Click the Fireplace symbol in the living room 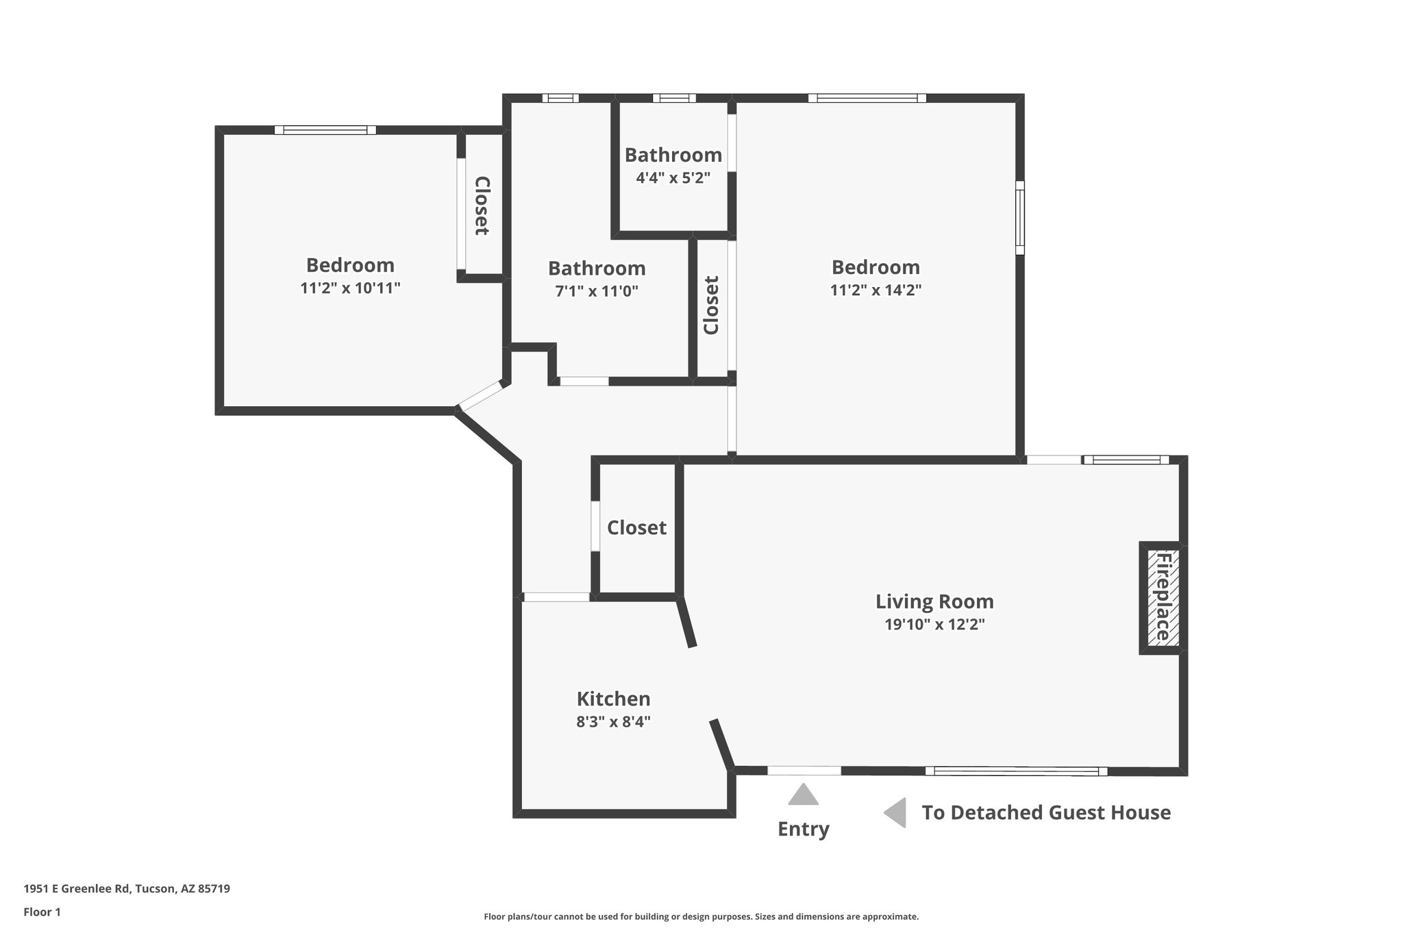[1163, 597]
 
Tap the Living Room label [934, 601]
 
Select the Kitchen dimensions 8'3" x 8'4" [613, 721]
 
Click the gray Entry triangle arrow [803, 795]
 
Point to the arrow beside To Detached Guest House [895, 812]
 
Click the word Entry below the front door [803, 829]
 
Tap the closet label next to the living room [636, 527]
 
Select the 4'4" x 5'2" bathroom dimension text [673, 178]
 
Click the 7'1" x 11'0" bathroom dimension [596, 291]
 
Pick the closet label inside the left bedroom [482, 205]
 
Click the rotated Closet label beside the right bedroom [711, 305]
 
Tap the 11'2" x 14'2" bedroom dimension [876, 290]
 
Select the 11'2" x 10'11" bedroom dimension [350, 288]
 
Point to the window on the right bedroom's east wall [1019, 217]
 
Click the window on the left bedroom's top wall [325, 130]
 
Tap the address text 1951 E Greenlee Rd [127, 889]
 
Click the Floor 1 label [42, 912]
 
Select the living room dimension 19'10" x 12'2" [934, 624]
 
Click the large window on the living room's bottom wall [1015, 771]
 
